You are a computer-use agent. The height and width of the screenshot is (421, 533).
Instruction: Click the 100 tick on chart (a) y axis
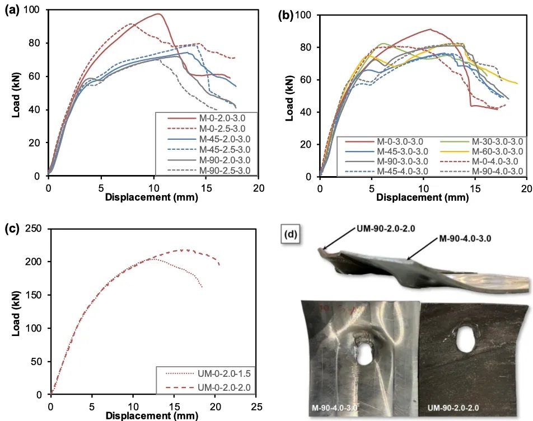point(35,10)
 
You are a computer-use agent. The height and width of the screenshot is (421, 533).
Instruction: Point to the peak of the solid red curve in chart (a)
point(158,14)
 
